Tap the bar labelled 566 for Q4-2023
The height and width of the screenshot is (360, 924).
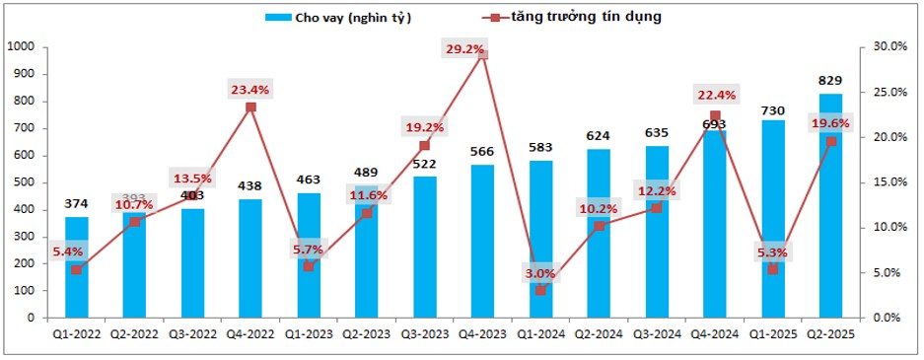click(482, 242)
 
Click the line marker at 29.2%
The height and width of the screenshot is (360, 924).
click(483, 54)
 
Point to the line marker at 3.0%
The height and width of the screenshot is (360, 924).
click(540, 291)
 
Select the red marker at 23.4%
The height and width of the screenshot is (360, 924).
click(250, 107)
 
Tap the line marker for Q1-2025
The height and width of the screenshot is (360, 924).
click(772, 269)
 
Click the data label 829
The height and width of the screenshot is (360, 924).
click(830, 81)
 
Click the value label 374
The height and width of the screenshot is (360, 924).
click(77, 204)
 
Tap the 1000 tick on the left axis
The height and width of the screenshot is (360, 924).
click(21, 46)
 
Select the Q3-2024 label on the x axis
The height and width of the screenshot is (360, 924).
click(657, 335)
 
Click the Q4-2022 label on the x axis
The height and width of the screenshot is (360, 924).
click(250, 335)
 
